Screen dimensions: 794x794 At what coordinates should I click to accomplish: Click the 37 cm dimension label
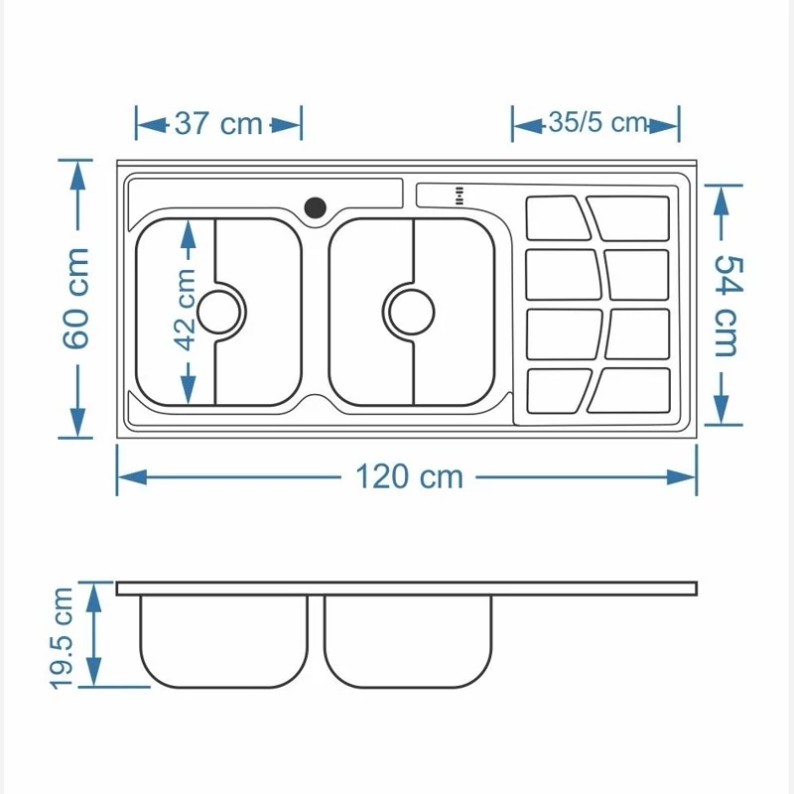point(218,123)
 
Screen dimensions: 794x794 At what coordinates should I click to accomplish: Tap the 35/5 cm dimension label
point(598,122)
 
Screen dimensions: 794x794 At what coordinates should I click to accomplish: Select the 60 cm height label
point(76,299)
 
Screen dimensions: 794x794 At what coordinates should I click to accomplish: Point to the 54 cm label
point(728,306)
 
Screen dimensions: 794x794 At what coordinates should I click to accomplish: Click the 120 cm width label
point(409,477)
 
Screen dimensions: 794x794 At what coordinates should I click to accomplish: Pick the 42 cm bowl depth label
point(186,310)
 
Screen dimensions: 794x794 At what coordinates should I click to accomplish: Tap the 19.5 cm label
point(62,638)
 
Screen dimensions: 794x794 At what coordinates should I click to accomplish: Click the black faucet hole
point(315,207)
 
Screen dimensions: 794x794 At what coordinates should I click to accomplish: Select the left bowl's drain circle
point(218,312)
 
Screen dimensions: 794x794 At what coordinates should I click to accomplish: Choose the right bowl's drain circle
point(411,312)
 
